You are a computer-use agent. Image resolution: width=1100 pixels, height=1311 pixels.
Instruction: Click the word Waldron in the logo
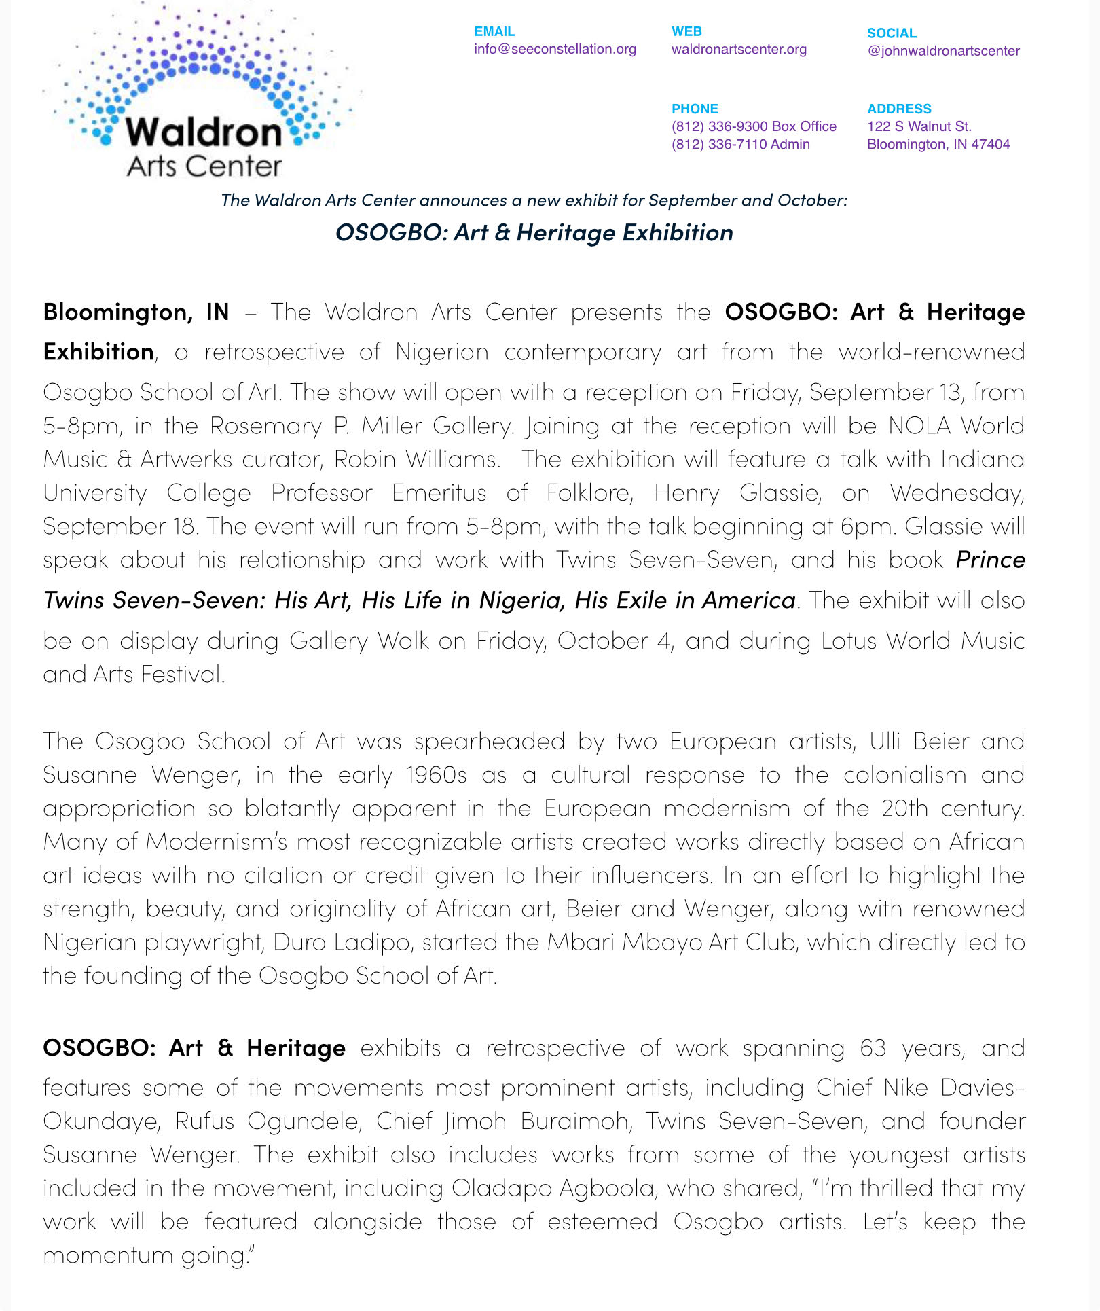204,132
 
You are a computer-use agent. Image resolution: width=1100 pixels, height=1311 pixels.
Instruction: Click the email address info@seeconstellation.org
555,49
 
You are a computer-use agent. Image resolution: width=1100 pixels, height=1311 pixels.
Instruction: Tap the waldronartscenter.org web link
739,49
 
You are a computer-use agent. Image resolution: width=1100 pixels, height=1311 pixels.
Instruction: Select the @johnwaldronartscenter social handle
943,51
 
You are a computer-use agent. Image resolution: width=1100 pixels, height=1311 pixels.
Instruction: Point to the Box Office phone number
754,126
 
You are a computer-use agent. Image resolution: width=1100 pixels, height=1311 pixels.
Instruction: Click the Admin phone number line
740,144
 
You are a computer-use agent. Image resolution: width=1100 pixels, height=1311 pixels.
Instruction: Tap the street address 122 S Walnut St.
919,126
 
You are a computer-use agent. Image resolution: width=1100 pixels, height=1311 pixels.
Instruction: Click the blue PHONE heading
695,109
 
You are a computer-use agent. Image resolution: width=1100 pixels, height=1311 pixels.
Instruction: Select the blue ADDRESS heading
899,109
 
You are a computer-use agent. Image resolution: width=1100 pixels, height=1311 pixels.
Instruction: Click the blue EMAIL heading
494,31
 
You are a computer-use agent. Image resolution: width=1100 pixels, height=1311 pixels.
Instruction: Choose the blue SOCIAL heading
892,33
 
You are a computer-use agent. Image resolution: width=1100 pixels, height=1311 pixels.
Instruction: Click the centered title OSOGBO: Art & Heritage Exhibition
534,232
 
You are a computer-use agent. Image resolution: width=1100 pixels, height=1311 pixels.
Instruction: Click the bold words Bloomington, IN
136,312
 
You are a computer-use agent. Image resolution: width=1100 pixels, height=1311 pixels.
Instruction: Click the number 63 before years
873,1048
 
